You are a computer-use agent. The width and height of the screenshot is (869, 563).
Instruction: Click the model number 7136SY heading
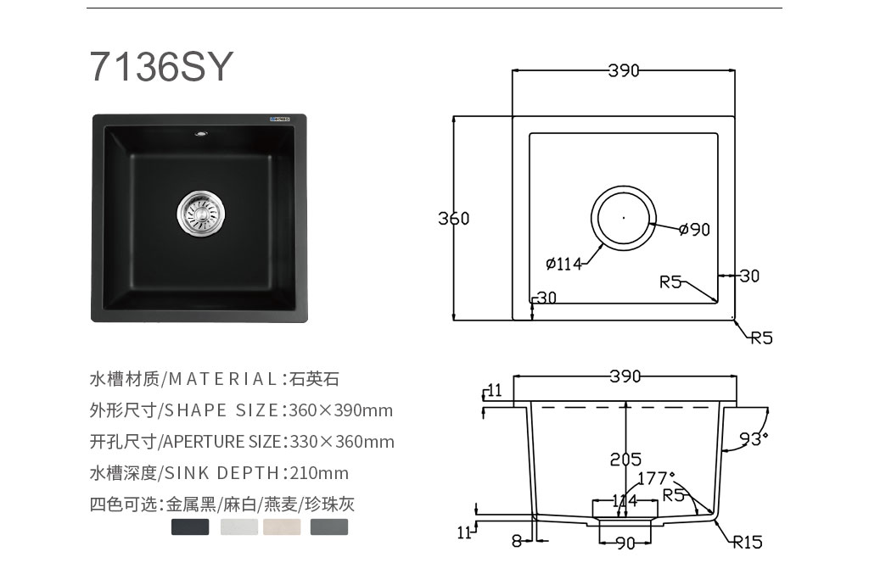click(161, 66)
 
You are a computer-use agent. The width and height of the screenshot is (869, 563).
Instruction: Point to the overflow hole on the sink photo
click(200, 133)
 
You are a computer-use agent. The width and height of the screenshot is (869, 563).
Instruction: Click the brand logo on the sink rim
click(283, 119)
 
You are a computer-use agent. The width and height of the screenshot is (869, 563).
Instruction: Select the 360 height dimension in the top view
click(453, 218)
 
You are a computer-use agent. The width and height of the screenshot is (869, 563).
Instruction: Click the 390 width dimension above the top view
click(624, 70)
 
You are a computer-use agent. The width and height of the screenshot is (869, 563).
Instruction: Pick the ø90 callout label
click(694, 229)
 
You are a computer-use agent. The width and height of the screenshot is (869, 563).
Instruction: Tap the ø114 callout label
click(563, 264)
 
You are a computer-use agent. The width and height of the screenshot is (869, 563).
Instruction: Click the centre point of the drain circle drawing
click(624, 218)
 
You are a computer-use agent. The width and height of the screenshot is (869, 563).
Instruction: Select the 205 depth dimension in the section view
click(625, 460)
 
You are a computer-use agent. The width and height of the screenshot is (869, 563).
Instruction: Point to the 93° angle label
click(754, 439)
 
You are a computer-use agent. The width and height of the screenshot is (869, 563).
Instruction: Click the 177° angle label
click(656, 477)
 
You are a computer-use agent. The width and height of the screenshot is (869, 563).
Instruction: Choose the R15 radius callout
click(748, 542)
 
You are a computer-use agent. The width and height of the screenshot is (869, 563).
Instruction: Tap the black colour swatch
click(190, 527)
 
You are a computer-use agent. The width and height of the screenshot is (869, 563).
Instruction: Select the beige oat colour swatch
click(282, 527)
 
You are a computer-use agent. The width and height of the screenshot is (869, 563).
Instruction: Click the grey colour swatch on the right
click(329, 527)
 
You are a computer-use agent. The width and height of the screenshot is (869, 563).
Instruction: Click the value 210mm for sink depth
click(319, 473)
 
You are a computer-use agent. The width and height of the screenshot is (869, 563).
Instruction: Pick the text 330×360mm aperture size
click(342, 442)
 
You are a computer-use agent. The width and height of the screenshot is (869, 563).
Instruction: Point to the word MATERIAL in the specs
click(222, 379)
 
